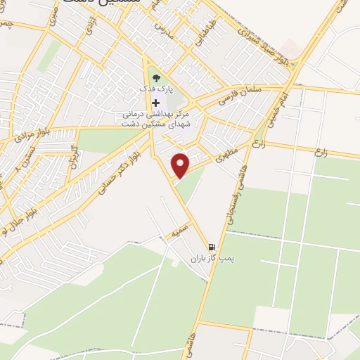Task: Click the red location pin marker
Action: click(x=181, y=166)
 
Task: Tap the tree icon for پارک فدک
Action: click(x=155, y=78)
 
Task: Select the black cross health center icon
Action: click(x=155, y=103)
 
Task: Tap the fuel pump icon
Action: click(x=212, y=247)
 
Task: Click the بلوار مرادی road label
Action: click(x=32, y=134)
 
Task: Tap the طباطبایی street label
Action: click(x=203, y=31)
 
